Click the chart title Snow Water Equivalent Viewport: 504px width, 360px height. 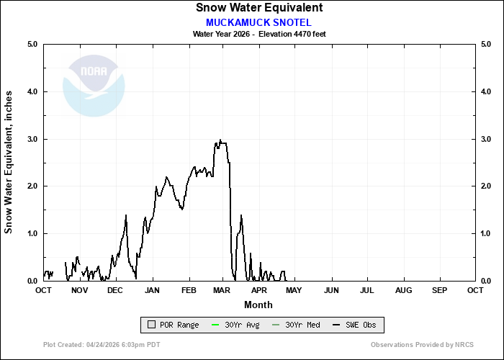(258, 8)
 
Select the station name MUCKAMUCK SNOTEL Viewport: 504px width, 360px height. (258, 22)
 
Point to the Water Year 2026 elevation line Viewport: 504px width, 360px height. (258, 34)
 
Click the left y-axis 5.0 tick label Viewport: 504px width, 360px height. (32, 45)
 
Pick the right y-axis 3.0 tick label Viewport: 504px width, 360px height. (486, 139)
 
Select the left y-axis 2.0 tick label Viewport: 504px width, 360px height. (32, 186)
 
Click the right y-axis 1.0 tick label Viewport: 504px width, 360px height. (486, 234)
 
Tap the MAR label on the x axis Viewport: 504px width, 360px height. (222, 290)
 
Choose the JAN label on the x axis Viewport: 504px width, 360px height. (152, 290)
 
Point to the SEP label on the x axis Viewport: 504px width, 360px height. (439, 290)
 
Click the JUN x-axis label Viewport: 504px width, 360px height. (331, 290)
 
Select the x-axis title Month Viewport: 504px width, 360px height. (258, 305)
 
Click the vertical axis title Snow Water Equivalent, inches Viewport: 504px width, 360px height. (9, 162)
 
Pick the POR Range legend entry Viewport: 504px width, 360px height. (173, 325)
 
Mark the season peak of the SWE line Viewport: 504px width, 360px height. (220, 140)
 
